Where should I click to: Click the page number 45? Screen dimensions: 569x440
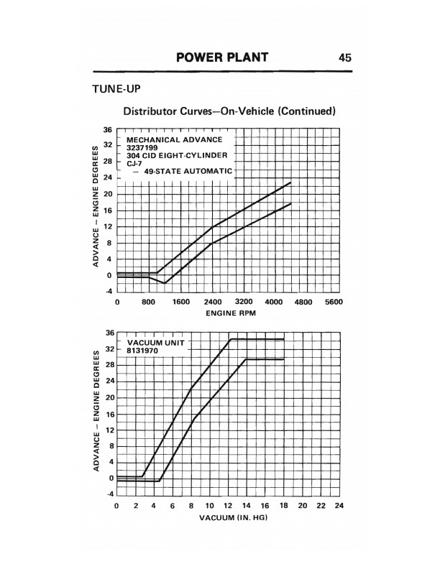coord(344,57)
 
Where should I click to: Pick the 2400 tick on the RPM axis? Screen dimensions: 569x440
coord(213,303)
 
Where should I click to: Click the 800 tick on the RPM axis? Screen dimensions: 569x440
coord(149,303)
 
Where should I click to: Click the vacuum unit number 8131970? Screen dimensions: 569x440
coord(143,351)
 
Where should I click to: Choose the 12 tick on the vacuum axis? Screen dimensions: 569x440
coord(228,506)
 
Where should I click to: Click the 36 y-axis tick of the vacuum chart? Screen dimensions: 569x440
coord(109,333)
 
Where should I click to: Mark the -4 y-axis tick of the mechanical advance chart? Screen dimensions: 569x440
coord(108,291)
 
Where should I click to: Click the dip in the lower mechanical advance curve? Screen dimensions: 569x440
coord(165,283)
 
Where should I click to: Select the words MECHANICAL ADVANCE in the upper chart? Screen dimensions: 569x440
coord(175,139)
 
